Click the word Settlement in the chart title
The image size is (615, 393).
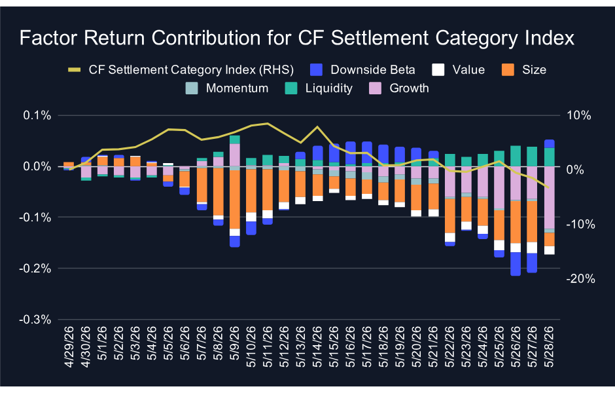coord(379,38)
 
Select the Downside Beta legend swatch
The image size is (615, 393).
coord(316,70)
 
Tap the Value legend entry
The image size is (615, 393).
coord(458,70)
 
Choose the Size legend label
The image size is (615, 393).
coord(534,70)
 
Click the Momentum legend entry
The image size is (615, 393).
coord(227,88)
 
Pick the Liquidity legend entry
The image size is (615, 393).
coord(319,88)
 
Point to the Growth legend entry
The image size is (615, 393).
coord(399,88)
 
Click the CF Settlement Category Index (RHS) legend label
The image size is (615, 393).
coord(191,70)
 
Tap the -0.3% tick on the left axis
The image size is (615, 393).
coord(35,320)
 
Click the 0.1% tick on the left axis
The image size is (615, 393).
coord(37,115)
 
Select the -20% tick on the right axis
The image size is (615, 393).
coord(580,279)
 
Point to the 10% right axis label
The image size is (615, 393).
coord(578,115)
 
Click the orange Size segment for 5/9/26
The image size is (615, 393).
coord(234,199)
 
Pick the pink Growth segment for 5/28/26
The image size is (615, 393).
coord(550,197)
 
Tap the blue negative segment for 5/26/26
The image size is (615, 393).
coord(516,264)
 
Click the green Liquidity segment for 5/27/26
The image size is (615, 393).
coord(533,157)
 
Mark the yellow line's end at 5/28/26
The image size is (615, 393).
coord(549,188)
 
